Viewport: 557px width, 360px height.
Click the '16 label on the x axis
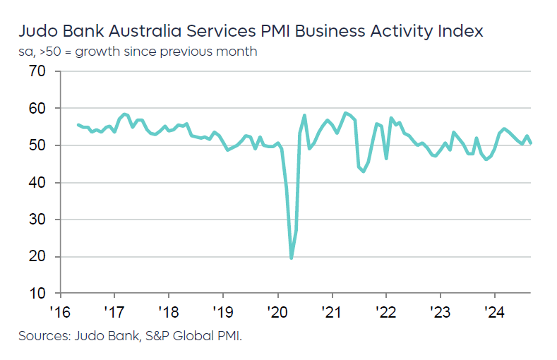coord(61,311)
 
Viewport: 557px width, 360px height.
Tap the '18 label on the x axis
coord(169,311)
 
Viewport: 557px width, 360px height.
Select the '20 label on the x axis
coord(277,311)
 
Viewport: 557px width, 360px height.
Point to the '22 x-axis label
coord(386,311)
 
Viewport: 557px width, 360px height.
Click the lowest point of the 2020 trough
coord(292,258)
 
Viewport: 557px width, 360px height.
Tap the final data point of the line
coord(531,143)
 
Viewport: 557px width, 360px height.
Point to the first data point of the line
coord(78,125)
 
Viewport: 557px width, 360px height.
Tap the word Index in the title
coord(460,32)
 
